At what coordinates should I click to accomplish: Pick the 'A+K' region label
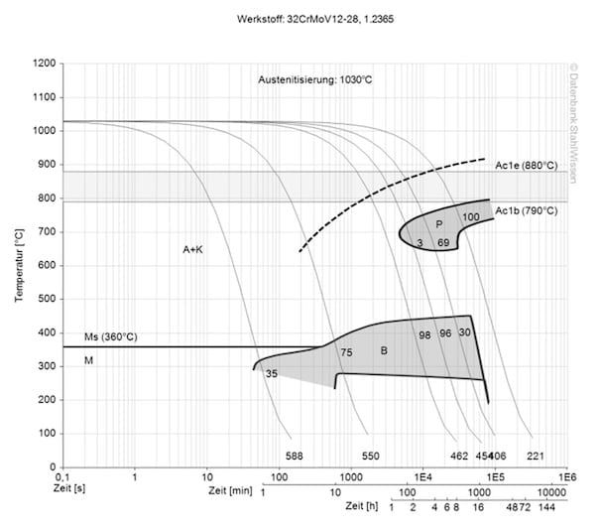click(x=193, y=250)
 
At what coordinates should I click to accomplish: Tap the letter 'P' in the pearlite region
click(x=437, y=224)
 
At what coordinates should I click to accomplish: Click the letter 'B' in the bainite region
click(x=384, y=350)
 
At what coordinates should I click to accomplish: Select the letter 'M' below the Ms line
click(x=88, y=359)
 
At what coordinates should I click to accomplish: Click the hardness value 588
click(x=294, y=456)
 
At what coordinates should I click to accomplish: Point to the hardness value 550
click(x=370, y=456)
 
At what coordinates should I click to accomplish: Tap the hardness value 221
click(x=535, y=456)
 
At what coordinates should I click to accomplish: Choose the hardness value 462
click(x=458, y=456)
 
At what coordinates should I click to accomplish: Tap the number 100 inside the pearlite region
click(x=471, y=216)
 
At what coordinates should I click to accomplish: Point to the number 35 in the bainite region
click(x=272, y=373)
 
